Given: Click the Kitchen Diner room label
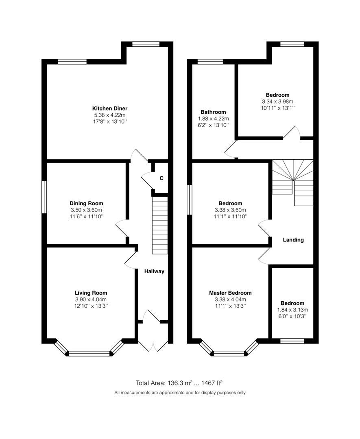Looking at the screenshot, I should (109, 109).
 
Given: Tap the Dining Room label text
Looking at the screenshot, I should (86, 203).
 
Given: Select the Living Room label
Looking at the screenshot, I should (91, 293).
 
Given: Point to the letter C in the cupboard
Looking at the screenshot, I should (161, 178).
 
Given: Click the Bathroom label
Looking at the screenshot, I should (213, 112).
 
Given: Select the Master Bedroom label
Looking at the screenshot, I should (230, 293).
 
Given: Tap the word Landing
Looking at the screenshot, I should (293, 240).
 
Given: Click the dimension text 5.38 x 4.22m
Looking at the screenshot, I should (109, 115).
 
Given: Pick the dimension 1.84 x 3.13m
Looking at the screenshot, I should (292, 310).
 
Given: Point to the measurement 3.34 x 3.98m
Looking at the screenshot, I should (278, 102).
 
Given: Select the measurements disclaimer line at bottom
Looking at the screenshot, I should (180, 393).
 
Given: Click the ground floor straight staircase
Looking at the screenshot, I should (160, 226).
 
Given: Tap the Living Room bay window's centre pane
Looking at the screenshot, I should (89, 354).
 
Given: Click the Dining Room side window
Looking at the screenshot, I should (44, 197).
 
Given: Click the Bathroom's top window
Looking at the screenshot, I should (210, 62).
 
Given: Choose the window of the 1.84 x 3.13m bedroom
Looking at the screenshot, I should (292, 341).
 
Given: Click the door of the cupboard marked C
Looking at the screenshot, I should (146, 178).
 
